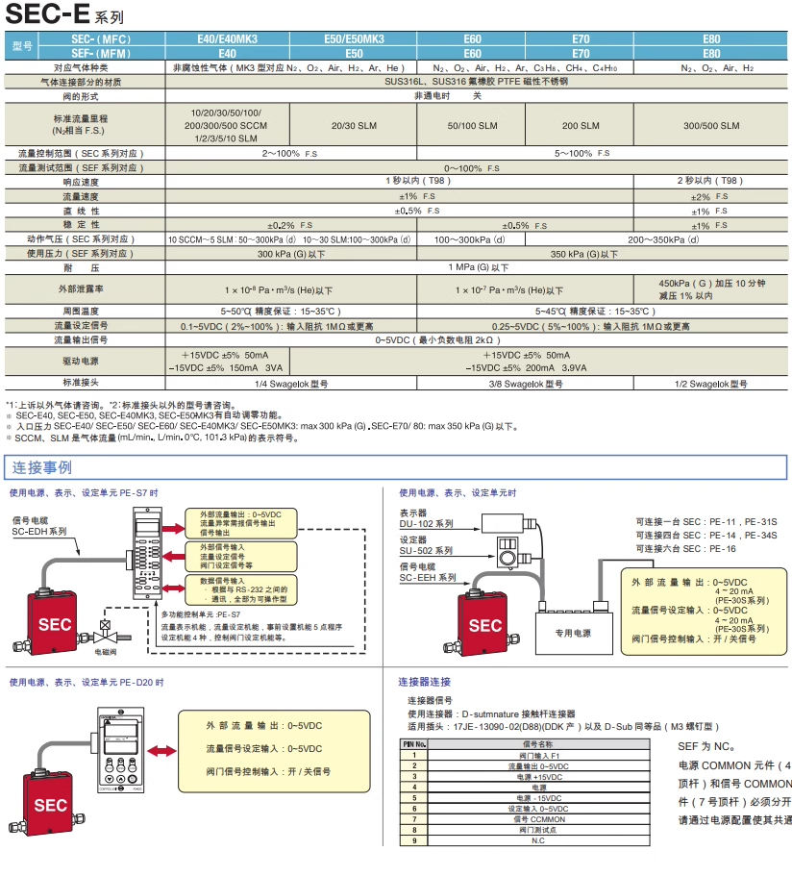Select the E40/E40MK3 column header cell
(x=227, y=39)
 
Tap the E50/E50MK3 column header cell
(x=354, y=39)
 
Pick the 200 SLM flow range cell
(x=581, y=126)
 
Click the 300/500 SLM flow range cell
(x=711, y=126)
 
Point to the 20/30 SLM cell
(x=354, y=126)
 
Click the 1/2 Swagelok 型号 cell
(x=711, y=384)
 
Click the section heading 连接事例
(x=41, y=468)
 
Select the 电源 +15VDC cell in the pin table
(x=537, y=776)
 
